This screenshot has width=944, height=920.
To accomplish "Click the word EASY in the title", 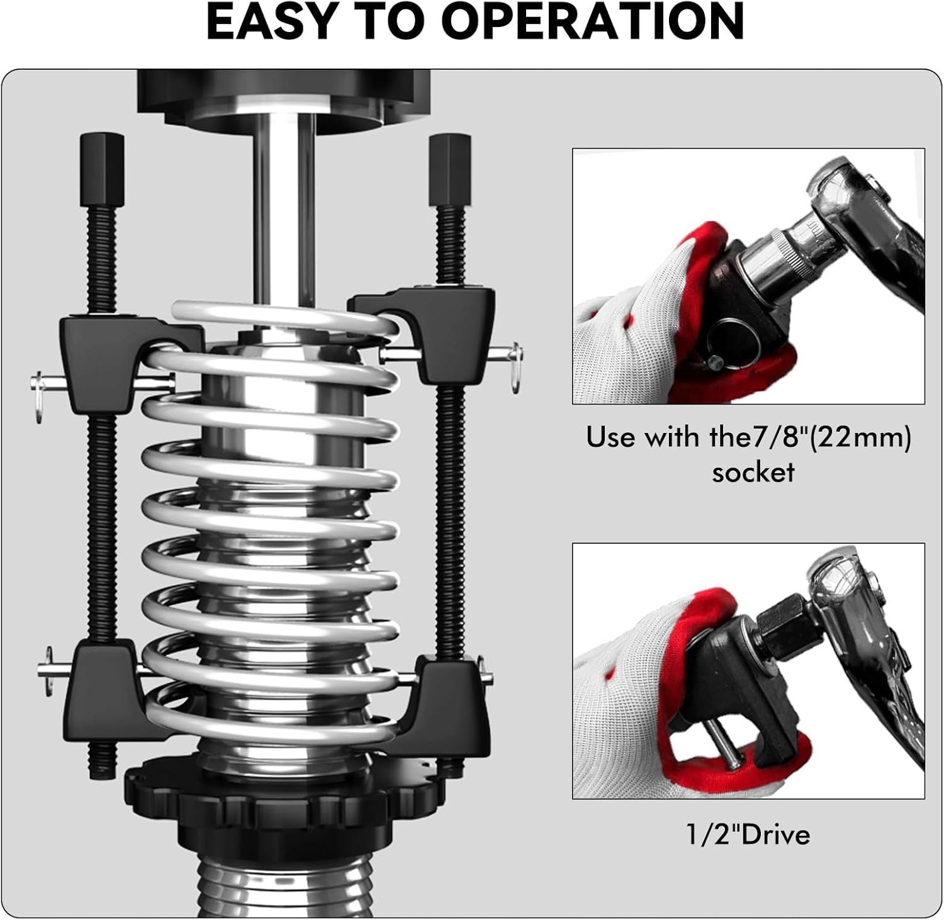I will pyautogui.click(x=272, y=21).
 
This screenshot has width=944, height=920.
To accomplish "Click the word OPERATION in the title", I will pyautogui.click(x=593, y=21).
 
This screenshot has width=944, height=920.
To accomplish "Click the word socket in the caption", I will pyautogui.click(x=753, y=472).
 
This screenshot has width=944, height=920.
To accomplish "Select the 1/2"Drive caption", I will pyautogui.click(x=748, y=834).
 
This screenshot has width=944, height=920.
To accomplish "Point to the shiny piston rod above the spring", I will pyautogui.click(x=284, y=208).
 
